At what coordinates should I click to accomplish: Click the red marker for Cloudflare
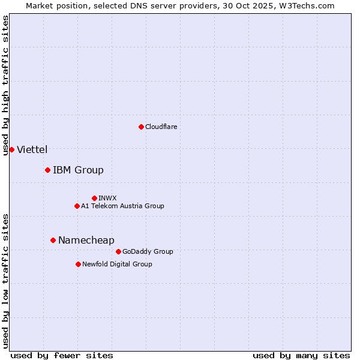point(141,127)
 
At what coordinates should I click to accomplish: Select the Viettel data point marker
point(11,149)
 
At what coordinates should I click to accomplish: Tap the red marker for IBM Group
point(47,170)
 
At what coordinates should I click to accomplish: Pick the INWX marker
point(94,198)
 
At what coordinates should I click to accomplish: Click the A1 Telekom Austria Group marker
point(77,206)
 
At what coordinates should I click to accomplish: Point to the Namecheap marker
point(53,240)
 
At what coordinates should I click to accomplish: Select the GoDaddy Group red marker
point(118,251)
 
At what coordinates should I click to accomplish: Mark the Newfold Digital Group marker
point(78,264)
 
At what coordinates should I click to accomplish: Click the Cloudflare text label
point(161,127)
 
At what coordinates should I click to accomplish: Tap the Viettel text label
point(32,149)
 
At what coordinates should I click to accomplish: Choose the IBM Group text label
point(78,170)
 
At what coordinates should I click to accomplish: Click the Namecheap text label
point(86,240)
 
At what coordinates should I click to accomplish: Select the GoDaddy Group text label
point(148,251)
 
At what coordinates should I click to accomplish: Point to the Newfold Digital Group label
point(117,264)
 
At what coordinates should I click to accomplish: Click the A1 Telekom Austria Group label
point(122,206)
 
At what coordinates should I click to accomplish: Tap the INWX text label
point(107,198)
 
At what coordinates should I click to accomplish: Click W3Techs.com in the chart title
point(305,5)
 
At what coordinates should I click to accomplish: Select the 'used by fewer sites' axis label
point(62,355)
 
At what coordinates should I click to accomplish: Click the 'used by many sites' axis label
point(301,355)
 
